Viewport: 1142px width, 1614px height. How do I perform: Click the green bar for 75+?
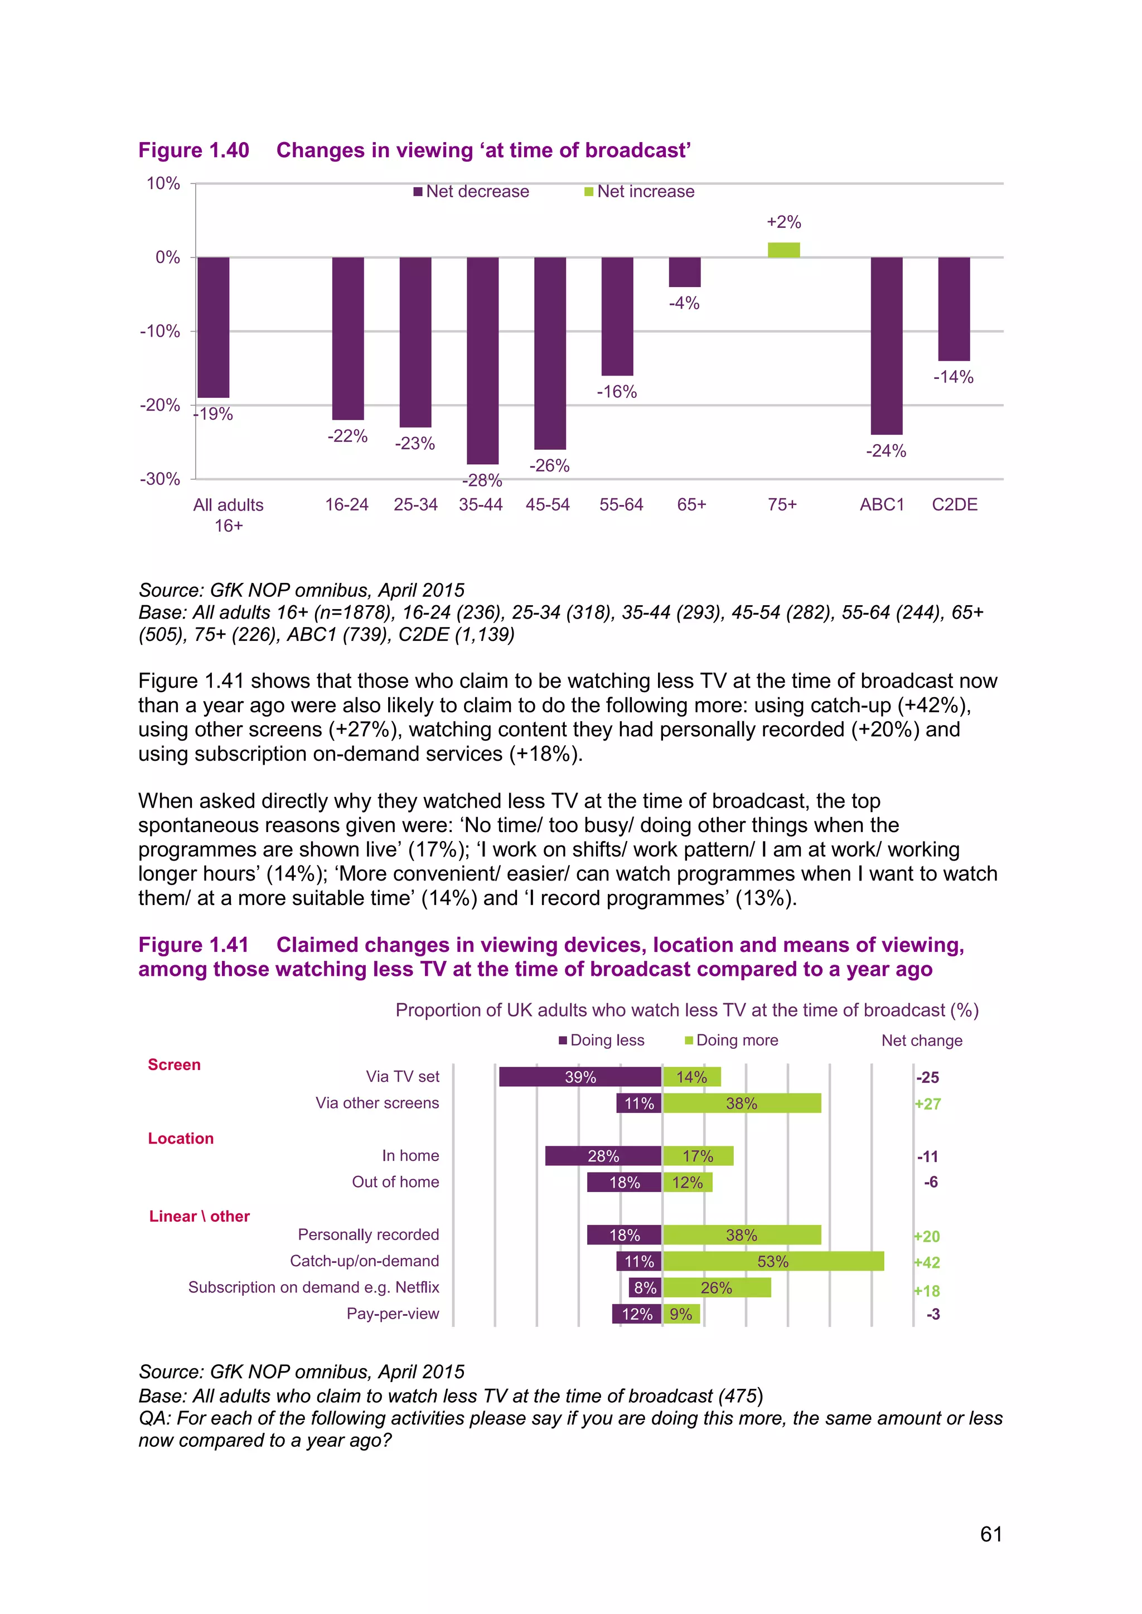[783, 250]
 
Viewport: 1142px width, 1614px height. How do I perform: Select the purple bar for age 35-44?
[482, 360]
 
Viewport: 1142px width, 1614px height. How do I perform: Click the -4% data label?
[684, 303]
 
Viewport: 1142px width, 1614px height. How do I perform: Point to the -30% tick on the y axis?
[161, 479]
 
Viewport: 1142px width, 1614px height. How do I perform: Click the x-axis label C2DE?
[954, 505]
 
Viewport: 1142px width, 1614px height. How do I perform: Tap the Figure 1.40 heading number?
[193, 150]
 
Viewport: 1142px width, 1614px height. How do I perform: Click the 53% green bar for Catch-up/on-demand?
[773, 1261]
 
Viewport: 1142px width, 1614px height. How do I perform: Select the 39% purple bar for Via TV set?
[580, 1077]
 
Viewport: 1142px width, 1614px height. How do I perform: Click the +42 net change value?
[927, 1262]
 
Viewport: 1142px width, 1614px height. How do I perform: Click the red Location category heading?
[181, 1139]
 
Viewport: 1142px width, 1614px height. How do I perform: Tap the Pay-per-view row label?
[393, 1314]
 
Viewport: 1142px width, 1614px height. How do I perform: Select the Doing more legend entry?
[732, 1041]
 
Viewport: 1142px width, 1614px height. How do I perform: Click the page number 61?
[991, 1534]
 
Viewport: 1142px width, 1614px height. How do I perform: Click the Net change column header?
[921, 1041]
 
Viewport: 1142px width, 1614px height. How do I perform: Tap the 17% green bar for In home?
[698, 1156]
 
